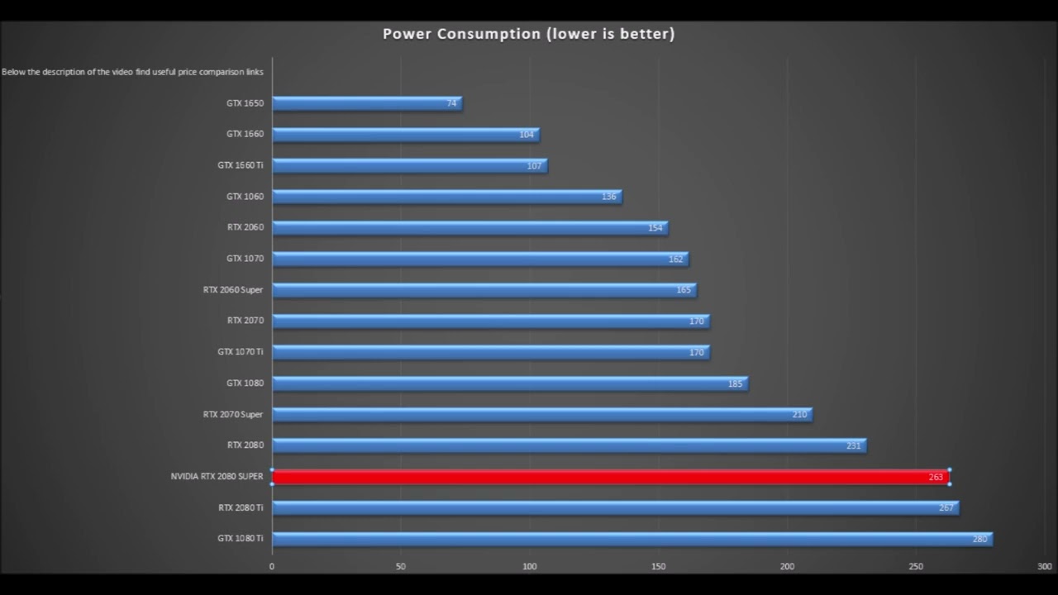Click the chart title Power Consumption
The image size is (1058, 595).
point(528,34)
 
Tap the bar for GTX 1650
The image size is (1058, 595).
point(367,103)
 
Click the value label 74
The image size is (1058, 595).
point(451,103)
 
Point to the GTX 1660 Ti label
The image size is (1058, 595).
point(241,165)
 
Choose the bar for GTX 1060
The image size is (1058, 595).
point(446,197)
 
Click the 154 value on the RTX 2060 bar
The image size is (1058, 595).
point(655,228)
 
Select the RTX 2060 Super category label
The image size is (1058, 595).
point(233,290)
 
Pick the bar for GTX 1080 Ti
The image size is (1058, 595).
point(631,539)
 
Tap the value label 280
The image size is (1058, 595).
point(979,540)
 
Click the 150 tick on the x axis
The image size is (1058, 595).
point(658,566)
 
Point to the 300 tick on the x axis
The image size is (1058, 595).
point(1044,566)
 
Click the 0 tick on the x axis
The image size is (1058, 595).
point(272,566)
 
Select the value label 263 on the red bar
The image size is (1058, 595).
point(936,478)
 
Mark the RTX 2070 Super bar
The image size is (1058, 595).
point(541,414)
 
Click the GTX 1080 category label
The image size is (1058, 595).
point(245,383)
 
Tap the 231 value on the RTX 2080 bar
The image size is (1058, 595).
point(854,446)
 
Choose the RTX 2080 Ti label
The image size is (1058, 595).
point(241,507)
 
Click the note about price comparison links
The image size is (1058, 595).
point(132,72)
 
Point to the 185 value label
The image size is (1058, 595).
point(735,383)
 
